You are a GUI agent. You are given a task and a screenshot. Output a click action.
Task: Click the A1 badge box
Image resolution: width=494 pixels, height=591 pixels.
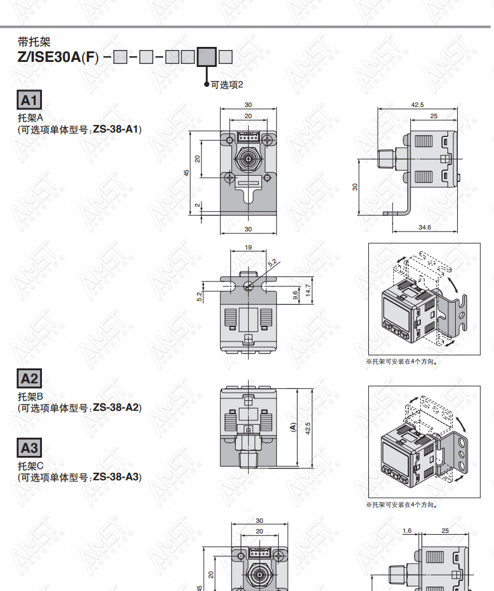click(29, 100)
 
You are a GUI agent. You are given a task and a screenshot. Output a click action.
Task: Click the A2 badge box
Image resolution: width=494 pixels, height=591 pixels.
click(29, 378)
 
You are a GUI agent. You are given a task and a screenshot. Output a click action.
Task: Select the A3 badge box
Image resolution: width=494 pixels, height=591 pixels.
click(29, 448)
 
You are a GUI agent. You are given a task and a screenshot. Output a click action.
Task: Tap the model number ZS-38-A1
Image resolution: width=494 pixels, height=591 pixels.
click(116, 129)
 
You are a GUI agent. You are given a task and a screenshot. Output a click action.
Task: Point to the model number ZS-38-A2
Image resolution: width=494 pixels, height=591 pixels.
click(116, 407)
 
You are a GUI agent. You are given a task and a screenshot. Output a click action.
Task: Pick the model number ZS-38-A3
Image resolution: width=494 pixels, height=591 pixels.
click(116, 477)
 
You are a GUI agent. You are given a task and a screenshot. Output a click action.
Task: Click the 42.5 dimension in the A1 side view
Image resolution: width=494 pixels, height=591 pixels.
click(417, 105)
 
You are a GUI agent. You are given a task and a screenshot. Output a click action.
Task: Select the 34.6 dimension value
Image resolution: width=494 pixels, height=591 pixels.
click(425, 227)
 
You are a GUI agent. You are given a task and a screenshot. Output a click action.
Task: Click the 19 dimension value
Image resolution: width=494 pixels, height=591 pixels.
click(248, 248)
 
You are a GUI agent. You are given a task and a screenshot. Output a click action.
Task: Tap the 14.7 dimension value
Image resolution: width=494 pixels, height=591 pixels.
click(308, 290)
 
